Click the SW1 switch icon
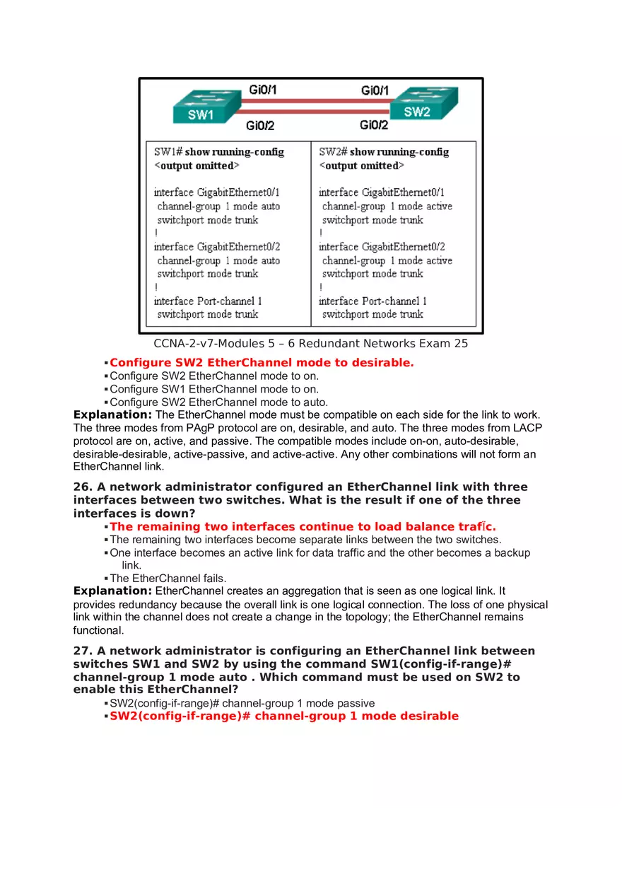(x=201, y=107)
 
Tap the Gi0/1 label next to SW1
(x=262, y=90)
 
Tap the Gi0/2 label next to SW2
(x=374, y=125)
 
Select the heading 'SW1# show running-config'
(x=219, y=152)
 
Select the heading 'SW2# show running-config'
(x=384, y=152)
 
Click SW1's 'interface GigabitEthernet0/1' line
(x=217, y=192)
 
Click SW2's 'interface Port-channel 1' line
(x=372, y=301)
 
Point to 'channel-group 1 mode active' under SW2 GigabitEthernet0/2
(x=387, y=261)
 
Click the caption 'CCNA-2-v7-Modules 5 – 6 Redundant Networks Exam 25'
(x=311, y=344)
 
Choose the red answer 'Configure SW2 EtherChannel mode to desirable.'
(x=262, y=363)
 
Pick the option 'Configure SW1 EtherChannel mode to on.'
(x=214, y=389)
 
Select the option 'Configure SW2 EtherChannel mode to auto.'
(x=218, y=402)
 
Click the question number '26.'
(x=82, y=487)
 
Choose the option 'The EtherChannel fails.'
(x=168, y=579)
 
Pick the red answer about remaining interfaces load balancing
(x=303, y=527)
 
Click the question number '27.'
(x=82, y=651)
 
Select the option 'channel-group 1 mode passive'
(x=242, y=703)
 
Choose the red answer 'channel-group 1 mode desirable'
(x=283, y=716)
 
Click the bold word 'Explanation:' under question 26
(x=112, y=591)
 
